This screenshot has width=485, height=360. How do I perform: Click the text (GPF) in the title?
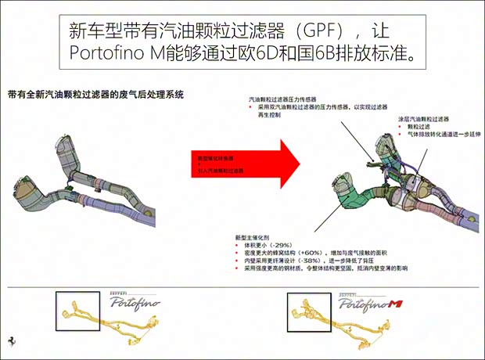312,32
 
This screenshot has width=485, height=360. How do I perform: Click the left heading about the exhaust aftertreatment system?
95,95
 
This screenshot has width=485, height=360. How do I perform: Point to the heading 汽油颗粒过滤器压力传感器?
282,100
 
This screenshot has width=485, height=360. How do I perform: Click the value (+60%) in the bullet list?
312,254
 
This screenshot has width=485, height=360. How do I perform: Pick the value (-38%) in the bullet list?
316,261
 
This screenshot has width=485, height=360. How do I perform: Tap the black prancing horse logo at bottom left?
13,343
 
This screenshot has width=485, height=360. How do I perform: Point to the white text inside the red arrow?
221,164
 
